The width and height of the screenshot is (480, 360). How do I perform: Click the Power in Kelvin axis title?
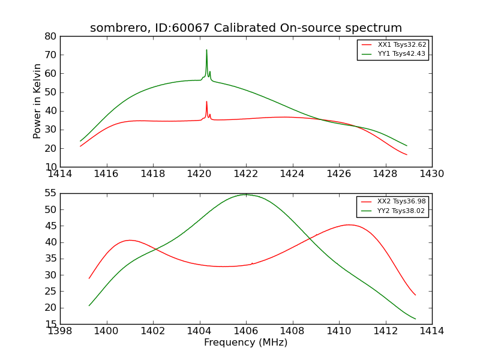click(x=37, y=101)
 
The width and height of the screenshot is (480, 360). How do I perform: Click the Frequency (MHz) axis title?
click(x=245, y=343)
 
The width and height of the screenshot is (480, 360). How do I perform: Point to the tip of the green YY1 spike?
click(x=206, y=50)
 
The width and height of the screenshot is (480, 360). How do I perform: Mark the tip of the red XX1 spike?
click(x=206, y=101)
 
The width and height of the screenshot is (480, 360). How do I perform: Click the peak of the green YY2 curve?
click(x=245, y=194)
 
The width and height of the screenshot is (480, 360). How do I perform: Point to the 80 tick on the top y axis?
click(x=50, y=36)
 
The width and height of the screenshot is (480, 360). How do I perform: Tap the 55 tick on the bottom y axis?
click(x=50, y=193)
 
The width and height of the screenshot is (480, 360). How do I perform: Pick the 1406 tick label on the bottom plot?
click(x=245, y=331)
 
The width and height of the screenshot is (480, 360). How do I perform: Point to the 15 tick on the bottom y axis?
click(x=50, y=324)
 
